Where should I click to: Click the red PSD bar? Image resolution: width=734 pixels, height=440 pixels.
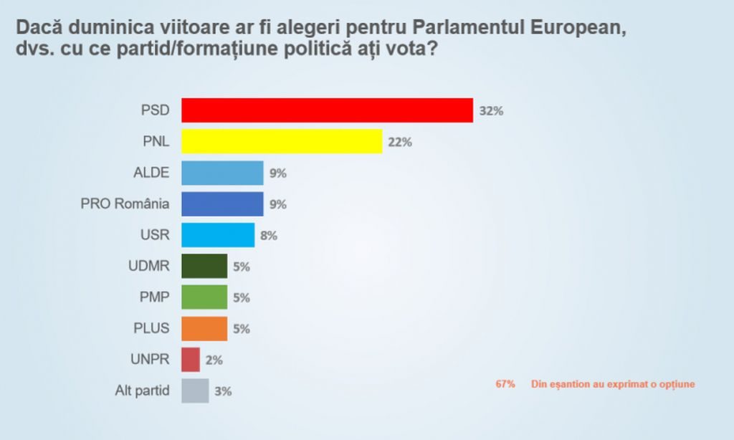click(x=327, y=110)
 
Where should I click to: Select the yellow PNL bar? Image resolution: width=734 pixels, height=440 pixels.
click(x=282, y=141)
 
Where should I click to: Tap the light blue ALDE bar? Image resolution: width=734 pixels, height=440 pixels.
click(x=222, y=173)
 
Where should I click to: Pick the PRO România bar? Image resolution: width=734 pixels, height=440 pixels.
click(x=222, y=204)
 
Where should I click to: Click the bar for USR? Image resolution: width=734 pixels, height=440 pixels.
click(x=218, y=235)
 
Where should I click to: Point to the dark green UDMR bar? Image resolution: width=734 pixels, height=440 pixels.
click(x=204, y=266)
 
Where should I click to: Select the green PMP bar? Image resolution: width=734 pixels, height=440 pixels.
click(x=204, y=297)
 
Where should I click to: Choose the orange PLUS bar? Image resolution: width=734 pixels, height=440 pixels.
click(x=204, y=328)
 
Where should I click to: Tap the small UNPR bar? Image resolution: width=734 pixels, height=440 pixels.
click(x=191, y=359)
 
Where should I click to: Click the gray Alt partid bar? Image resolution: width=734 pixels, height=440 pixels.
click(x=195, y=391)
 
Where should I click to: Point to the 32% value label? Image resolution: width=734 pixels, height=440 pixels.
click(x=492, y=111)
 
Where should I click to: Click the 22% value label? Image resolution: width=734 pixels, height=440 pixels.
click(x=400, y=142)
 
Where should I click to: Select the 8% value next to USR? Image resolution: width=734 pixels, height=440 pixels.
click(x=269, y=235)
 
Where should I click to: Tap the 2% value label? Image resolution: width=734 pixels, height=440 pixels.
click(x=214, y=360)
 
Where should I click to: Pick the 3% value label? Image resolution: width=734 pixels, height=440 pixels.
click(x=223, y=391)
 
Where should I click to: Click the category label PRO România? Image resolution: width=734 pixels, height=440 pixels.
click(x=125, y=204)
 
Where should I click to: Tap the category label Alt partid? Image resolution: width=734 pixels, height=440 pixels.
click(x=142, y=391)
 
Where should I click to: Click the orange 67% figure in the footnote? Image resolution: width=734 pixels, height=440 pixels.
click(x=505, y=384)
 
